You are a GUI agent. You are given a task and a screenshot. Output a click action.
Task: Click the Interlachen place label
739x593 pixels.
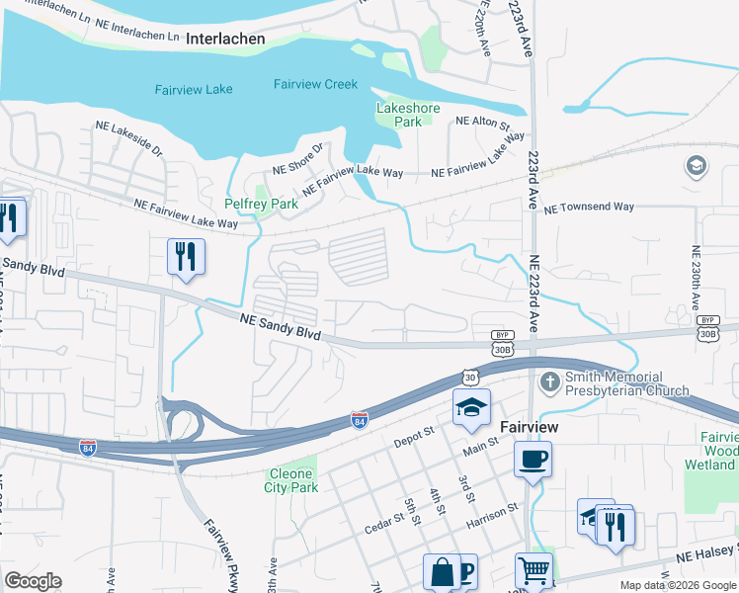pyautogui.click(x=224, y=39)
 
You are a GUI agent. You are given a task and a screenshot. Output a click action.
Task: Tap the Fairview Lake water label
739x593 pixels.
pyautogui.click(x=194, y=90)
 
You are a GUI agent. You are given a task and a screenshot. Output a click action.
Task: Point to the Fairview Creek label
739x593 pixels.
pyautogui.click(x=315, y=85)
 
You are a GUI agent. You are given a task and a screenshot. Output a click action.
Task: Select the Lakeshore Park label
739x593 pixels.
pyautogui.click(x=399, y=115)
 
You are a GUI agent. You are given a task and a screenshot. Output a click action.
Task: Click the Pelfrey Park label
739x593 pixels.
pyautogui.click(x=261, y=204)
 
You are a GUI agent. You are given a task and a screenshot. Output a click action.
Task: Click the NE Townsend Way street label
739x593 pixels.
pyautogui.click(x=589, y=208)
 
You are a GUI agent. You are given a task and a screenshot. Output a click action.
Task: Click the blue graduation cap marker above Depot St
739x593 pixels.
pyautogui.click(x=472, y=407)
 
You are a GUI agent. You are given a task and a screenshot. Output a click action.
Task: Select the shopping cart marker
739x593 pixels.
pyautogui.click(x=534, y=570)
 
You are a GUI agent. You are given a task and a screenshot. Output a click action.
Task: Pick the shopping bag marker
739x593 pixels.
pyautogui.click(x=442, y=571)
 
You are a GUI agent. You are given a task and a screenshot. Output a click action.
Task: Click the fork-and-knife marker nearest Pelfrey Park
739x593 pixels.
pyautogui.click(x=185, y=257)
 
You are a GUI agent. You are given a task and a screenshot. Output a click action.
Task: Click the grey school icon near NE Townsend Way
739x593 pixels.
pyautogui.click(x=696, y=166)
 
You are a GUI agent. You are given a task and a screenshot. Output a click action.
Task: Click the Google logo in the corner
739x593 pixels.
pyautogui.click(x=34, y=581)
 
